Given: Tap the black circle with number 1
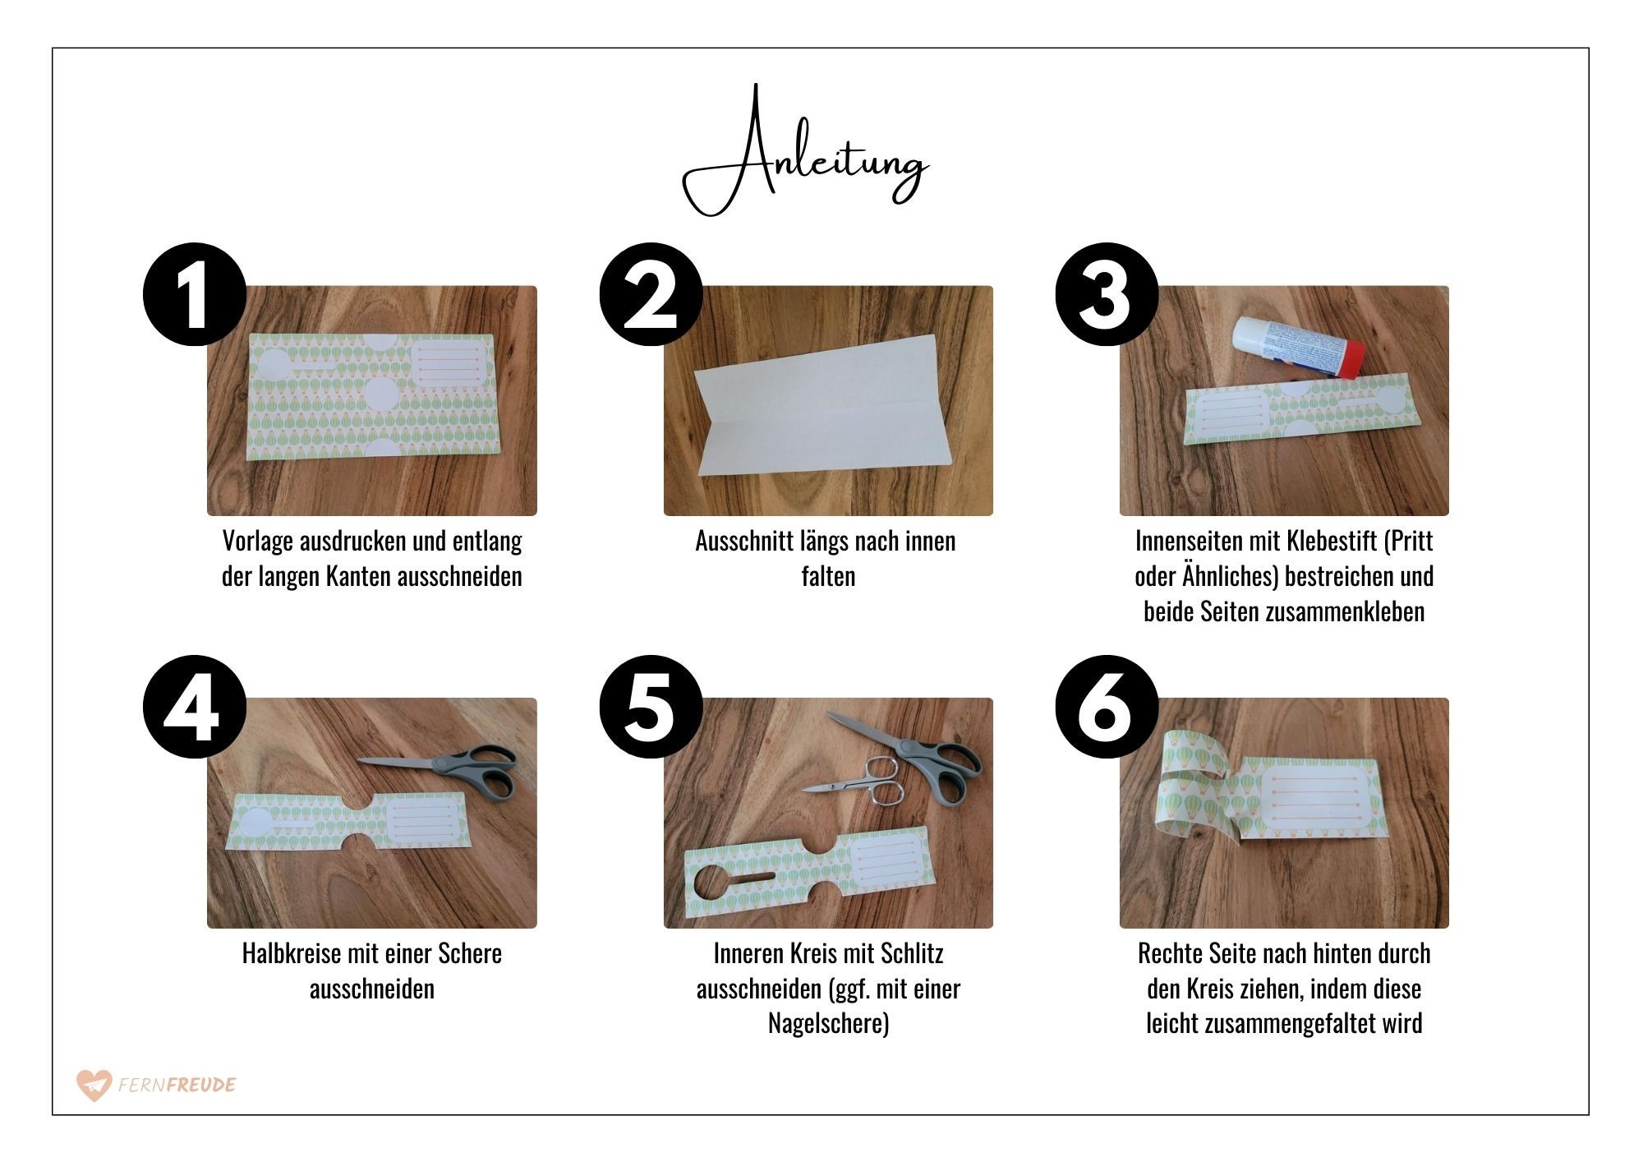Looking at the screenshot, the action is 195,294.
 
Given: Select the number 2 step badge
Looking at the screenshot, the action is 651,294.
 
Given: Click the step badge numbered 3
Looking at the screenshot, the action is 1107,294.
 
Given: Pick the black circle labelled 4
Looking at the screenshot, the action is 195,707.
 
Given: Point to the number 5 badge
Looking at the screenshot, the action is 651,707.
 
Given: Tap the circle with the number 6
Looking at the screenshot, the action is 1107,707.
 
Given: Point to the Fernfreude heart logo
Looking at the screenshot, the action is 93,1085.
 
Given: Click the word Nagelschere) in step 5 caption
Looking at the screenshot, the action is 828,1024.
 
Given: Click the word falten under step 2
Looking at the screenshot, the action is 828,576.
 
